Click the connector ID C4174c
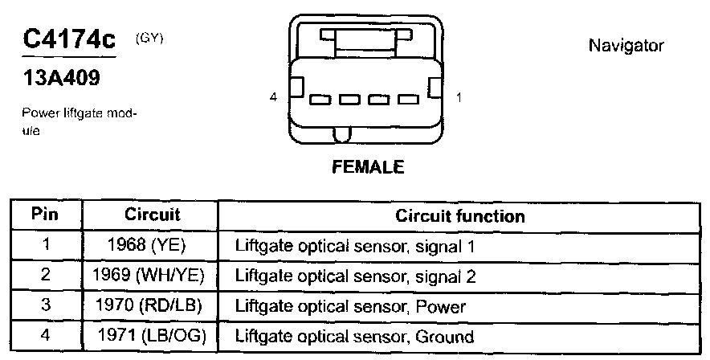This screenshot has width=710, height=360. [71, 41]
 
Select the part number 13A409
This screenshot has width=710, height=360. [61, 81]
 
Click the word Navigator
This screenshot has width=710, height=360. [626, 46]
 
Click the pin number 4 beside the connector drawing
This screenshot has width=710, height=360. [273, 97]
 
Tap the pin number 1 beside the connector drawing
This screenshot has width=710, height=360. [459, 97]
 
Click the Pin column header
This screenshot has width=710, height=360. [46, 215]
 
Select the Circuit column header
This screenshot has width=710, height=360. [152, 215]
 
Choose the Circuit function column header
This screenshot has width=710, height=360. [460, 215]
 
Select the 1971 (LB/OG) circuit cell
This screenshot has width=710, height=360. [152, 336]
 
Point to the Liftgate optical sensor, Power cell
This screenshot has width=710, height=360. [350, 307]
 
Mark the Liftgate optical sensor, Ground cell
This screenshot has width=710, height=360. [354, 337]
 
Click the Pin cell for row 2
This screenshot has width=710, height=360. [46, 276]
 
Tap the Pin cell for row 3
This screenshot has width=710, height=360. [46, 306]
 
